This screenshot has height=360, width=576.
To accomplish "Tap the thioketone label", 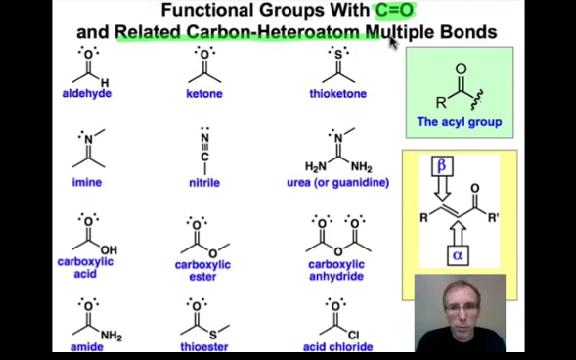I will (338, 94).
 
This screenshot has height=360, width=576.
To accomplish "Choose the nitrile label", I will (204, 183).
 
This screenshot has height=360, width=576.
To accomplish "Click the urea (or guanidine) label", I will (338, 183).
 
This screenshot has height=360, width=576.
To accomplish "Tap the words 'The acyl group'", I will (460, 123).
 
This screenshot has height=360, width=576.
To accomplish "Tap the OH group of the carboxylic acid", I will (109, 250).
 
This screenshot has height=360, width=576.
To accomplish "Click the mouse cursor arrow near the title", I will (393, 42).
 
